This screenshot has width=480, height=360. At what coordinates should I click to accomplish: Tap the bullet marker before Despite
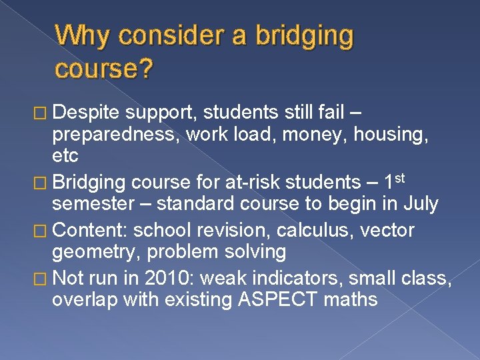tap(42, 110)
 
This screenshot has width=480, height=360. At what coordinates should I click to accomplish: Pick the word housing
tap(395, 134)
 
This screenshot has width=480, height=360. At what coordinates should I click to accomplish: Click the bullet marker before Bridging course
tap(42, 182)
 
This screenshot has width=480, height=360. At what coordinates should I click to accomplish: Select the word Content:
tap(89, 230)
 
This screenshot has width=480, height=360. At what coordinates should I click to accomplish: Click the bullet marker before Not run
tap(42, 277)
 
